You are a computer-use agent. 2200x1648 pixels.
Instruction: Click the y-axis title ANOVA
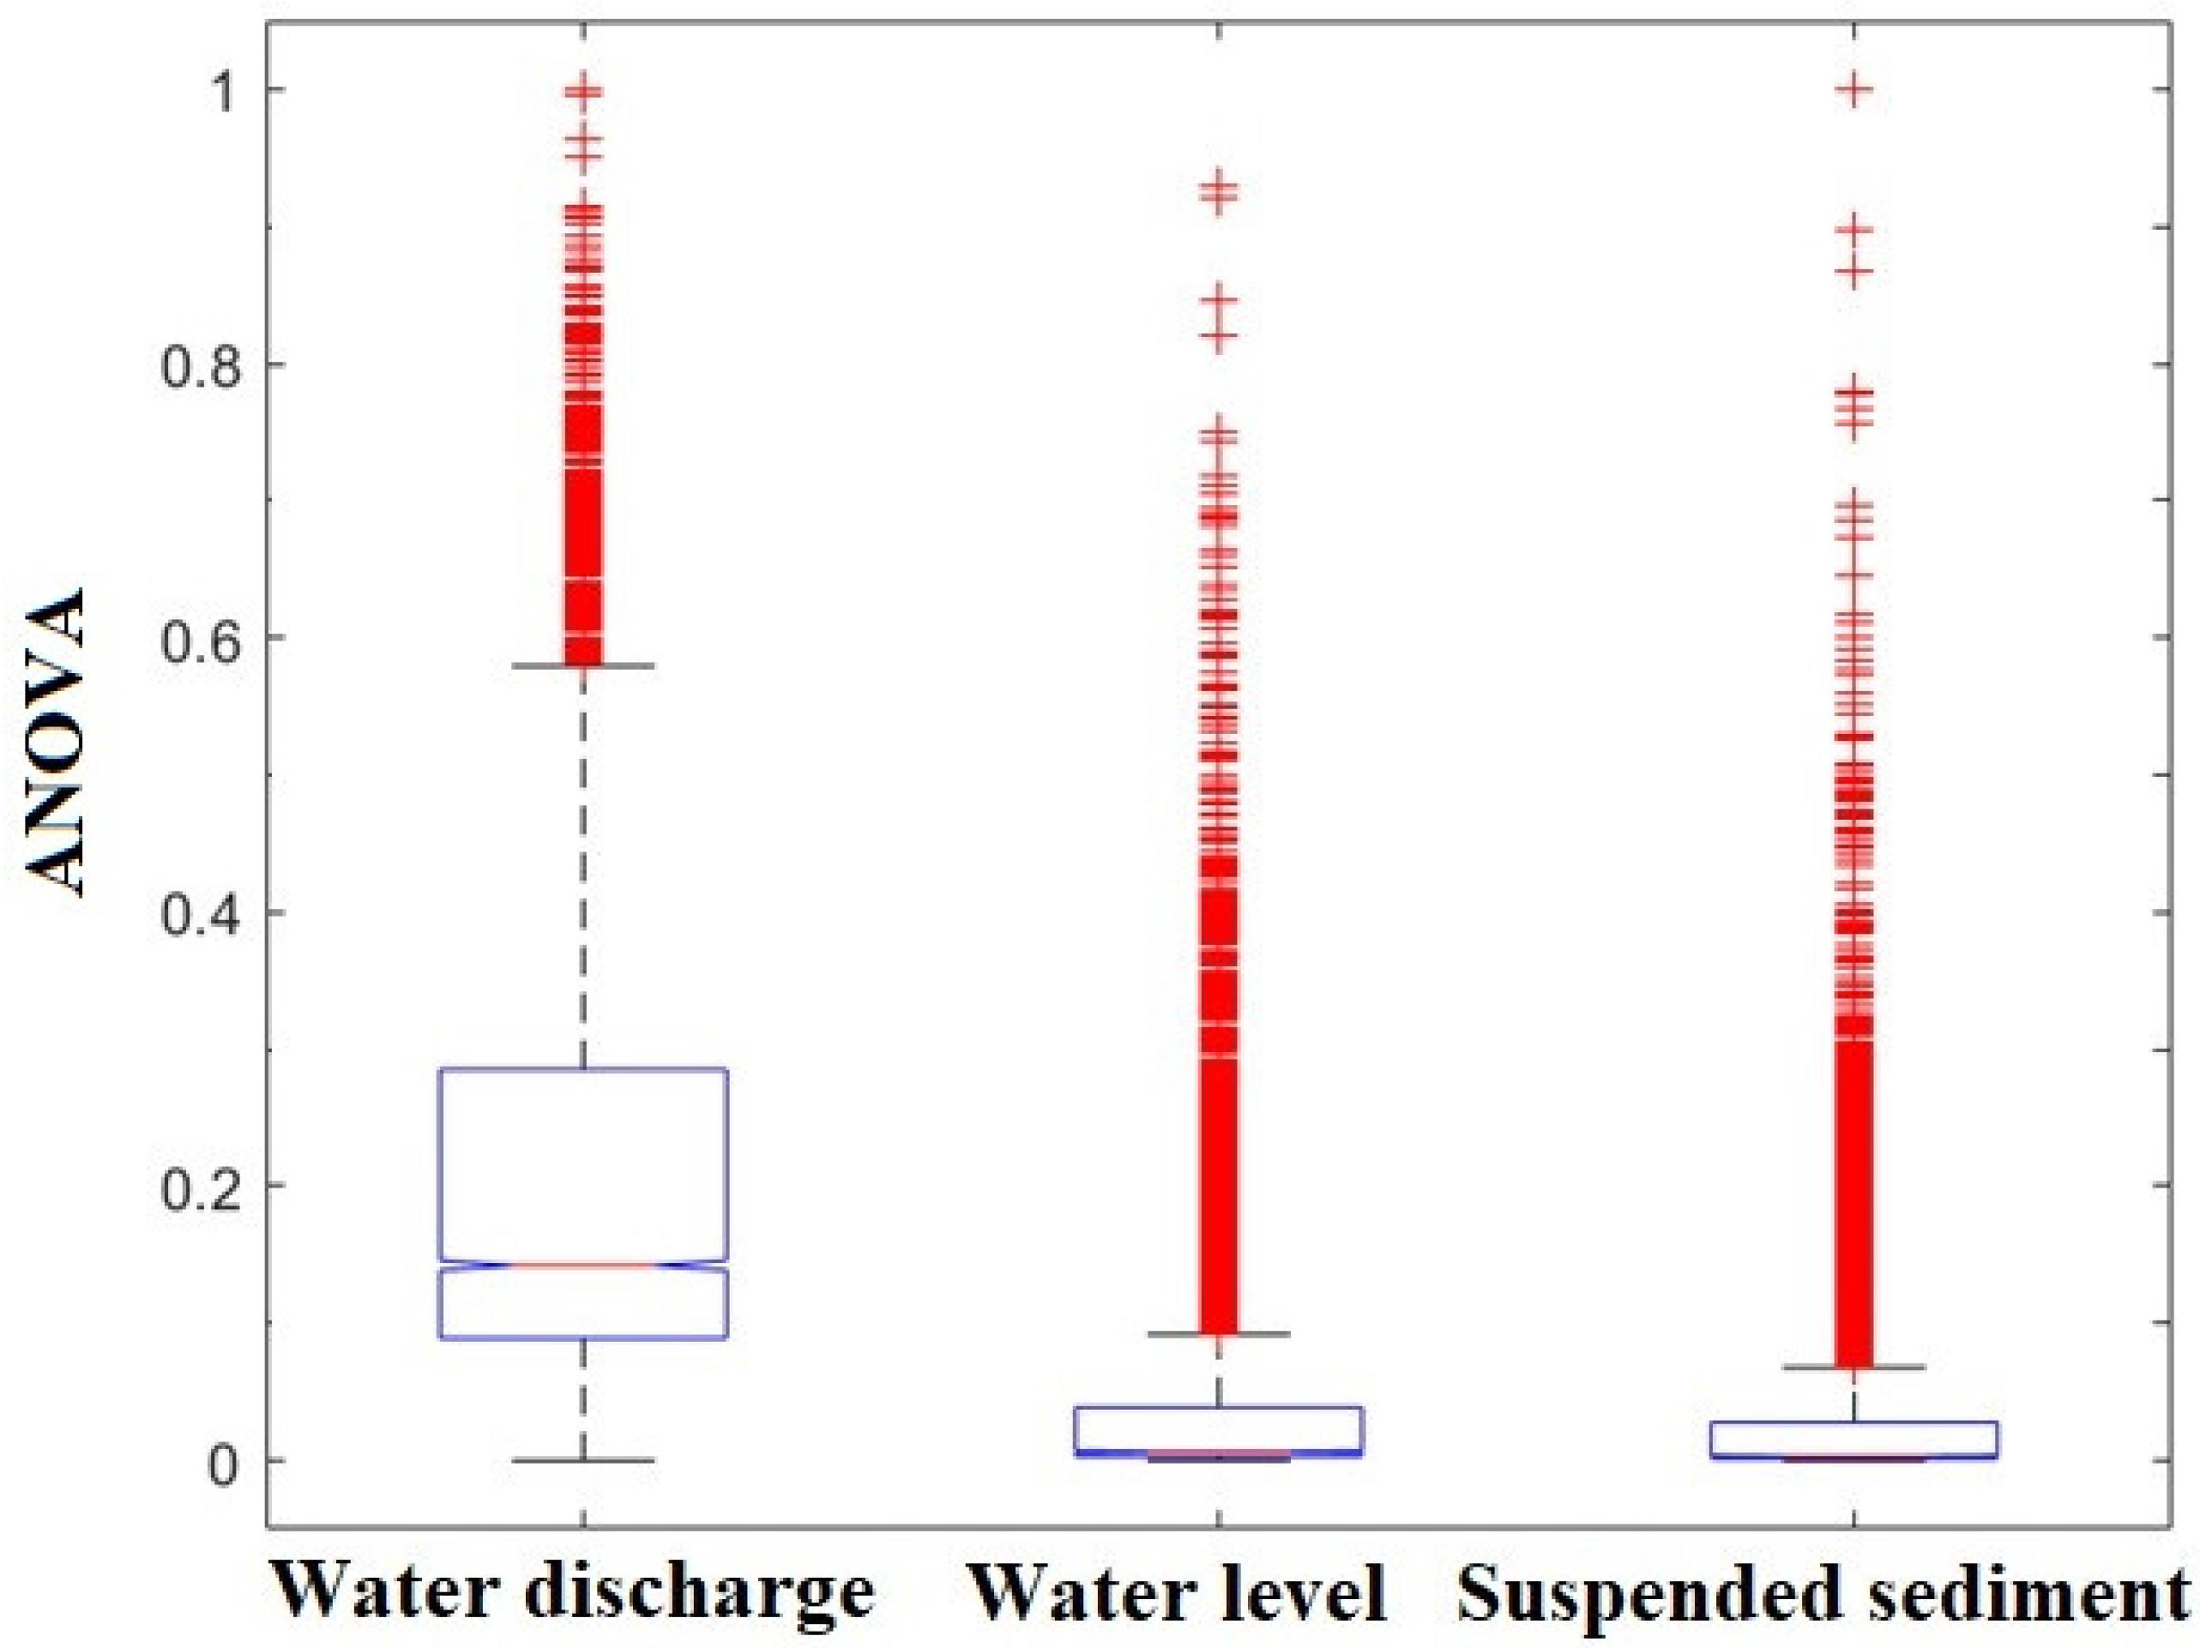(55, 744)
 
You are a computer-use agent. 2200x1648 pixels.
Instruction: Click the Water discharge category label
(574, 1588)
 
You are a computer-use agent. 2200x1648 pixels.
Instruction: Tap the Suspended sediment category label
(1826, 1588)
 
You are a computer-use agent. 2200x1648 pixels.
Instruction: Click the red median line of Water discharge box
(584, 1265)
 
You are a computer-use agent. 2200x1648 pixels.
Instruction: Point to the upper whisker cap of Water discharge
(584, 665)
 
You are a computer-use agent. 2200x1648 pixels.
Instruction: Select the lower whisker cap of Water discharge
(584, 1460)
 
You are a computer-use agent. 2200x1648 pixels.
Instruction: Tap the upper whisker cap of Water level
(1220, 1333)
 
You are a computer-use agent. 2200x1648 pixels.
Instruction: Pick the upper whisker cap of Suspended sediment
(1853, 1368)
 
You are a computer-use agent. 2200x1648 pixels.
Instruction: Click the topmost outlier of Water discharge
(584, 92)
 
